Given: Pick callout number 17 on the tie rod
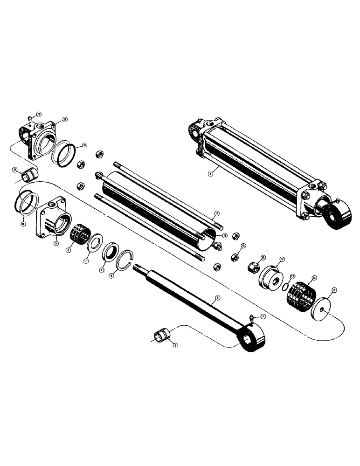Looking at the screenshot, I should [216, 215].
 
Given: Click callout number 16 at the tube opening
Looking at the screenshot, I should [225, 236].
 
